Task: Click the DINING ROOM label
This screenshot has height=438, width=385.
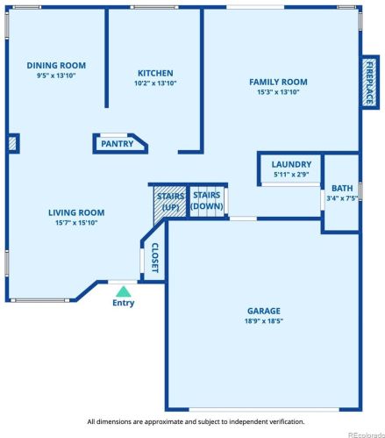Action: (x=56, y=65)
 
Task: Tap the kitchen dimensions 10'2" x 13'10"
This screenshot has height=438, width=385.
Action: (x=155, y=83)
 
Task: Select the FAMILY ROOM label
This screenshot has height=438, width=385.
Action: (x=278, y=82)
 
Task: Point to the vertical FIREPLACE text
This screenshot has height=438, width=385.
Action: (x=370, y=83)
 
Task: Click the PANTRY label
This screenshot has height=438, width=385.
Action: (x=118, y=144)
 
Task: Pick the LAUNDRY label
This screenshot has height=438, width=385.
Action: (x=291, y=164)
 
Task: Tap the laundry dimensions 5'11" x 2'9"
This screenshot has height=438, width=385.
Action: (x=291, y=175)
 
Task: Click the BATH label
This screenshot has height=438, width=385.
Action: (x=342, y=188)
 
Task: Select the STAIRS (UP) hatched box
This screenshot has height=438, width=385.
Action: (x=170, y=202)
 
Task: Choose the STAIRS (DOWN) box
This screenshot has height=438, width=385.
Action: (x=207, y=202)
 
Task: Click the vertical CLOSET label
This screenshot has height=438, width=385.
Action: (x=155, y=258)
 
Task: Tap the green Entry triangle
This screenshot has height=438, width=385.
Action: (x=124, y=291)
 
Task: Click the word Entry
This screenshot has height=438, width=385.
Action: (x=124, y=303)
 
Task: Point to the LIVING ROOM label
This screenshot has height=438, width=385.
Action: (x=76, y=212)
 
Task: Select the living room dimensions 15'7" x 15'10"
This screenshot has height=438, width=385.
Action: (x=76, y=223)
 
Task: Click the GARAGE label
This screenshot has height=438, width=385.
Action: (x=264, y=311)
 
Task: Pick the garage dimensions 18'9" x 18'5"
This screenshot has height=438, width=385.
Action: (x=264, y=321)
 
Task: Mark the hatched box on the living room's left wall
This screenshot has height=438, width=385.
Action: (x=12, y=144)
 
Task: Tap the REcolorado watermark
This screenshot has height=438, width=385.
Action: (x=367, y=434)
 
